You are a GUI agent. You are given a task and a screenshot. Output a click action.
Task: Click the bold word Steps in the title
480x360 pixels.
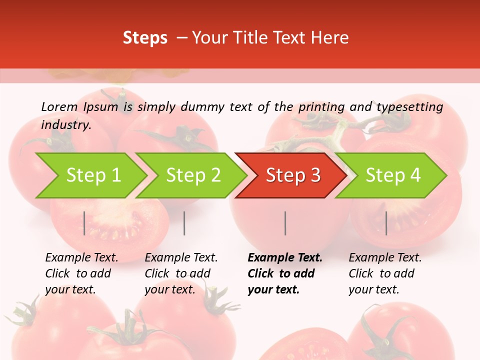145,37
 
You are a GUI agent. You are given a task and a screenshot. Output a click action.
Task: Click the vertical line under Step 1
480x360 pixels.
84,223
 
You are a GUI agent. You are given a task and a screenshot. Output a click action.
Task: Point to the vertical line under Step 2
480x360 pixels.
184,223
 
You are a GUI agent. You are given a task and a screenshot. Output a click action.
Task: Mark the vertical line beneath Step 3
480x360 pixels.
285,223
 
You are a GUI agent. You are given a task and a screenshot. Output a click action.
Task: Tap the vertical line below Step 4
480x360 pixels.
386,223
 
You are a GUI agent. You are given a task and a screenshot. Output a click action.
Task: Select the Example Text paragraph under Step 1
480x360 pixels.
81,273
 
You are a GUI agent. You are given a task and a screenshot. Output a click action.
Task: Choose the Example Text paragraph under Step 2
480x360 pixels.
181,273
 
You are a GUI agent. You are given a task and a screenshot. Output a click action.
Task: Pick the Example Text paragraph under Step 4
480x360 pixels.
385,273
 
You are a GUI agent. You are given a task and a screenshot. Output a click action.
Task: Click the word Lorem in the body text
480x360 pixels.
59,107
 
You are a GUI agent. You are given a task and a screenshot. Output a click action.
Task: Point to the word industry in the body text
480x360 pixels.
65,124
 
